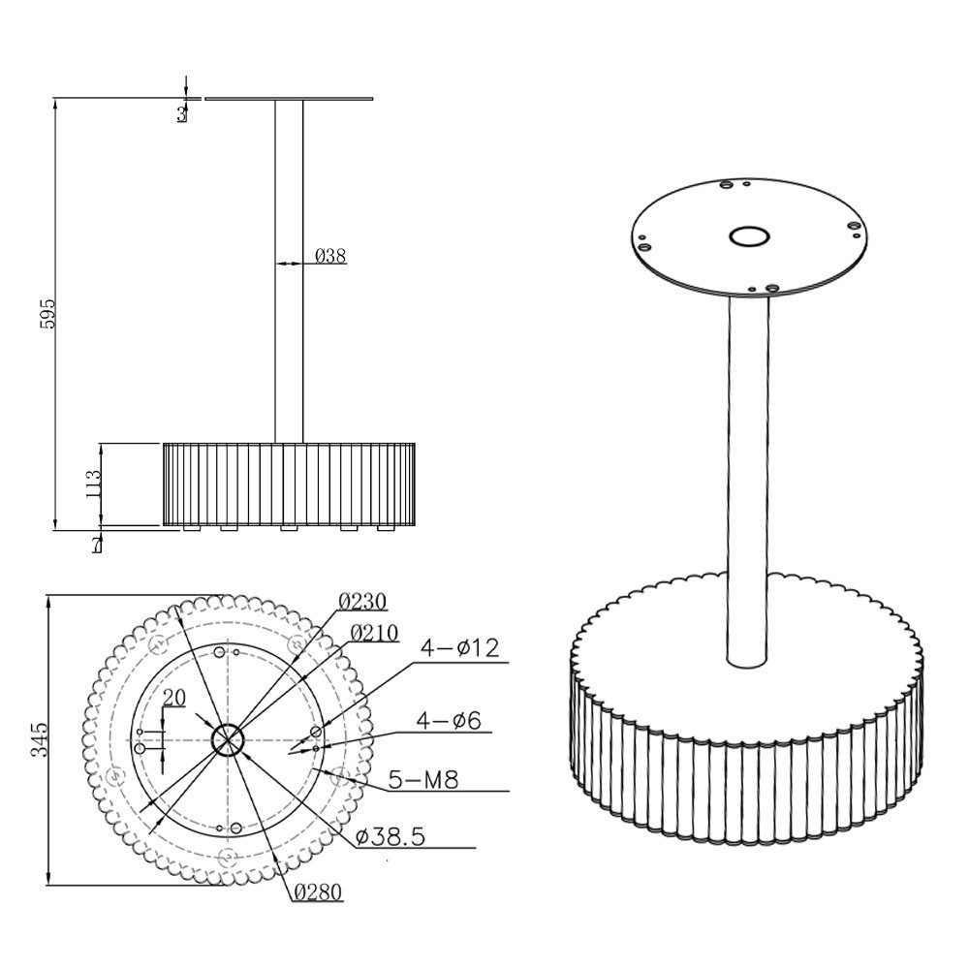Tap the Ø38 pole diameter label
click(330, 256)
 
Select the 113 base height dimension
click(94, 484)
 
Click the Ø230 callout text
click(362, 601)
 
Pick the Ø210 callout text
click(374, 633)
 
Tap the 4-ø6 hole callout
click(449, 720)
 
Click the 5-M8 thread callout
click(423, 780)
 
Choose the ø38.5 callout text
click(391, 837)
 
